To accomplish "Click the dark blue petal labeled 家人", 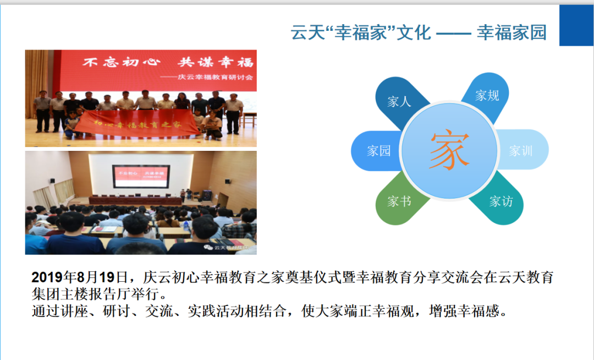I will tap(398, 102).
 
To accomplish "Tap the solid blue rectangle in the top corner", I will tap(576, 25).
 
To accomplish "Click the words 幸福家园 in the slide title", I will tap(512, 32).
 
